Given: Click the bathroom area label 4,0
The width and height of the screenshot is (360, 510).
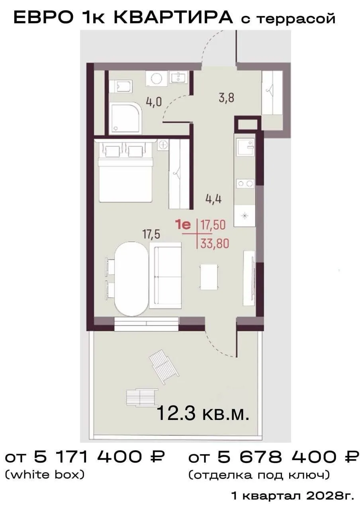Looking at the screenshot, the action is pos(154,102).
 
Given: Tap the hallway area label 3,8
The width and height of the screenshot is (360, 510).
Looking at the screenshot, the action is pos(227,98).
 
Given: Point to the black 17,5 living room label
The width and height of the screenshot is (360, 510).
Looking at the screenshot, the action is pos(151,235).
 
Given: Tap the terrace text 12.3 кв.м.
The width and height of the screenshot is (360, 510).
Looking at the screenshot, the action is pos(203,413).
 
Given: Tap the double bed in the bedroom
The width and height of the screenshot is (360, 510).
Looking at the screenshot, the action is pos(125,171).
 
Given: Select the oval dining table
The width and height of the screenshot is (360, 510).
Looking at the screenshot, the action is pos(131,279).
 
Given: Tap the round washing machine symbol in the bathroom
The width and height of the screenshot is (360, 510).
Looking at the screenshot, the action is pos(157,78).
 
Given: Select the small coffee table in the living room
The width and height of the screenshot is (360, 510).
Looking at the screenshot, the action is pos(209,277).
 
